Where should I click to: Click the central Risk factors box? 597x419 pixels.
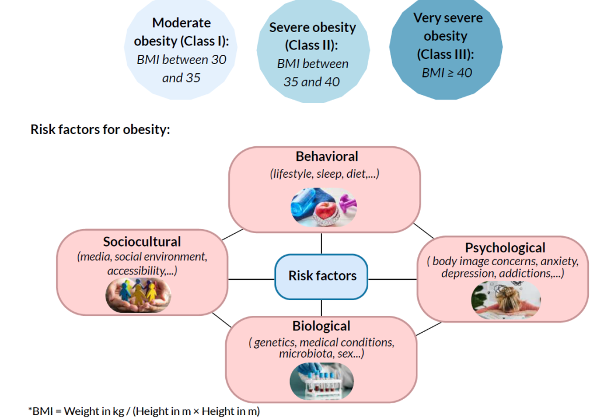click(322, 276)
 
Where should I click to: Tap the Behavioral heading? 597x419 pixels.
click(327, 157)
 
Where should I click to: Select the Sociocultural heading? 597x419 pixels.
click(142, 242)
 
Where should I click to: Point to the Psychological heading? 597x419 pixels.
click(505, 248)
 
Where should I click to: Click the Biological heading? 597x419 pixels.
click(322, 326)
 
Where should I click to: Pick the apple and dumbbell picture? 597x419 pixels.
click(324, 206)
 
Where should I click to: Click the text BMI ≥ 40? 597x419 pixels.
click(446, 73)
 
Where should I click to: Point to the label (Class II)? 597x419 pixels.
click(312, 45)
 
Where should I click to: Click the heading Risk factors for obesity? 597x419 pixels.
click(100, 129)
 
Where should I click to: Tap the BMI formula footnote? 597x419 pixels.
click(144, 411)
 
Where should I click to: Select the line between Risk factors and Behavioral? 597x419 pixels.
click(322, 243)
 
